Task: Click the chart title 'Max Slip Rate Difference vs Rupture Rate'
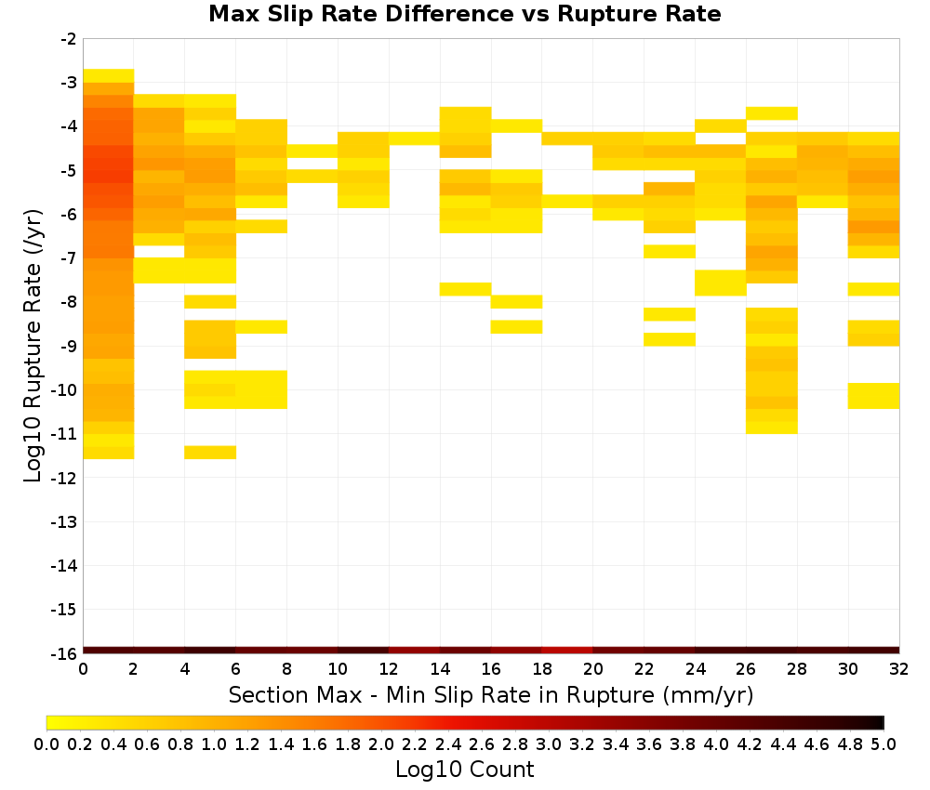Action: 464,14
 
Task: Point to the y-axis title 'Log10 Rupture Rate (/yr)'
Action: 33,346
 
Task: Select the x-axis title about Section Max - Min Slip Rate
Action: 490,694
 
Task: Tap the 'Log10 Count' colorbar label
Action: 464,770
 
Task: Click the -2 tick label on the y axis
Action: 69,39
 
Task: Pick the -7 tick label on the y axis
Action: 69,258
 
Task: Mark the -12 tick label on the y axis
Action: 65,478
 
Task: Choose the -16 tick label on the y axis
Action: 65,653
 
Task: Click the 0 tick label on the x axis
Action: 83,669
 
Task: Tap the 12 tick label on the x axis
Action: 389,669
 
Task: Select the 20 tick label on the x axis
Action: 592,669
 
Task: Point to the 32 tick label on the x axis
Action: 899,669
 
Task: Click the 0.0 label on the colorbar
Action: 46,744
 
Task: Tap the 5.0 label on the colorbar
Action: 883,744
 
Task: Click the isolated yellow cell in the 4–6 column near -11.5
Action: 210,453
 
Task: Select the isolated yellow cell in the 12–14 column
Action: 414,138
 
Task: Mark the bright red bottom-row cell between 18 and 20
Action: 567,651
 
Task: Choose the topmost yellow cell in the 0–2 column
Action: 109,76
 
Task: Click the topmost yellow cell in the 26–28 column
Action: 771,113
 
